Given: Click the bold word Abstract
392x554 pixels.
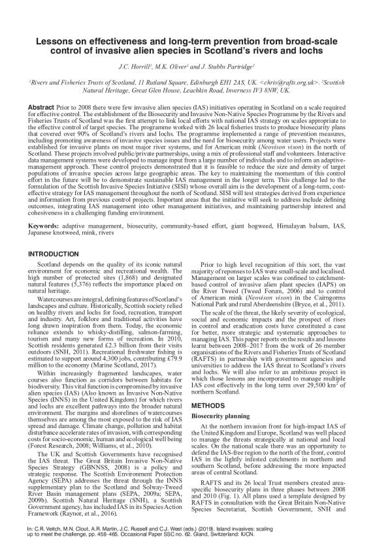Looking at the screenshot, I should tap(41, 106).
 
